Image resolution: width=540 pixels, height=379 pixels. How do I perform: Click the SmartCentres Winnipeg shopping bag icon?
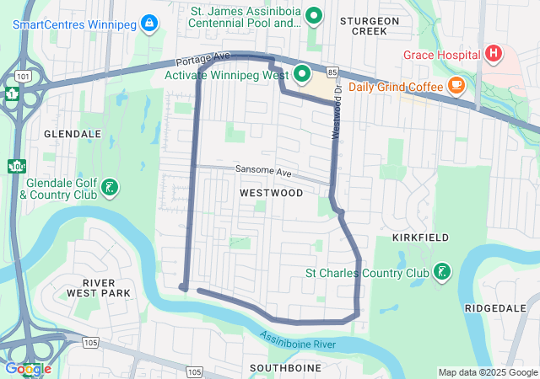click(149, 22)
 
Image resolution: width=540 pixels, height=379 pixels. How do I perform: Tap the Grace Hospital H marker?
click(494, 55)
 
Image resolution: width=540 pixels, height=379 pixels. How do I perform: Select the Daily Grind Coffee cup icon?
click(456, 84)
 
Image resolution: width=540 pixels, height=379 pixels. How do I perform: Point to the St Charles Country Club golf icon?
click(441, 272)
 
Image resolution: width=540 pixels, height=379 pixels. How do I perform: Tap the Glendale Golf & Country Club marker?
click(110, 187)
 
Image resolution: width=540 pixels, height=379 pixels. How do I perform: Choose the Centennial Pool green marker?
click(314, 15)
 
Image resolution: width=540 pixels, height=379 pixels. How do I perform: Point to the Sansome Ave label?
click(263, 171)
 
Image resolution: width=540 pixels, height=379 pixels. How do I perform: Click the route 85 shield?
click(332, 72)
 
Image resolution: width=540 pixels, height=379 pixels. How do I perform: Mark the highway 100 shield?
click(15, 166)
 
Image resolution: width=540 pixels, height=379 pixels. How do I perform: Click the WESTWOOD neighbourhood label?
click(271, 193)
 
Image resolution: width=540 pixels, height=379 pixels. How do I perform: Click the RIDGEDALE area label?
click(495, 309)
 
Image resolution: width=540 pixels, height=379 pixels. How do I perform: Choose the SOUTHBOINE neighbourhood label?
click(285, 368)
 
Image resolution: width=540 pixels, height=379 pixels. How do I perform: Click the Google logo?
click(27, 368)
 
